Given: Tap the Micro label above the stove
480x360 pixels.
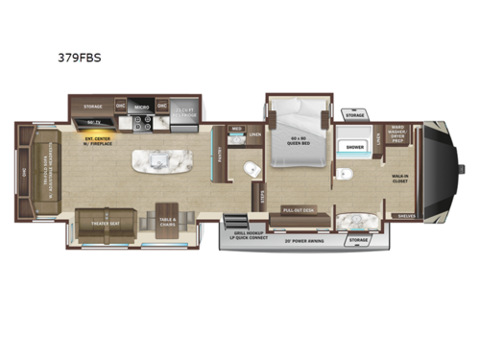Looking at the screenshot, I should coord(141,108).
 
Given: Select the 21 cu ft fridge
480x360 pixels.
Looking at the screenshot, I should coord(185,111).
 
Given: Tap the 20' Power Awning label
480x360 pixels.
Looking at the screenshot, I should coord(310,240).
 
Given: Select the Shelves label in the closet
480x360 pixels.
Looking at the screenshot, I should coord(406,216).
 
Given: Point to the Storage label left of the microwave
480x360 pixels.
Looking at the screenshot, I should coord(92,108).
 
